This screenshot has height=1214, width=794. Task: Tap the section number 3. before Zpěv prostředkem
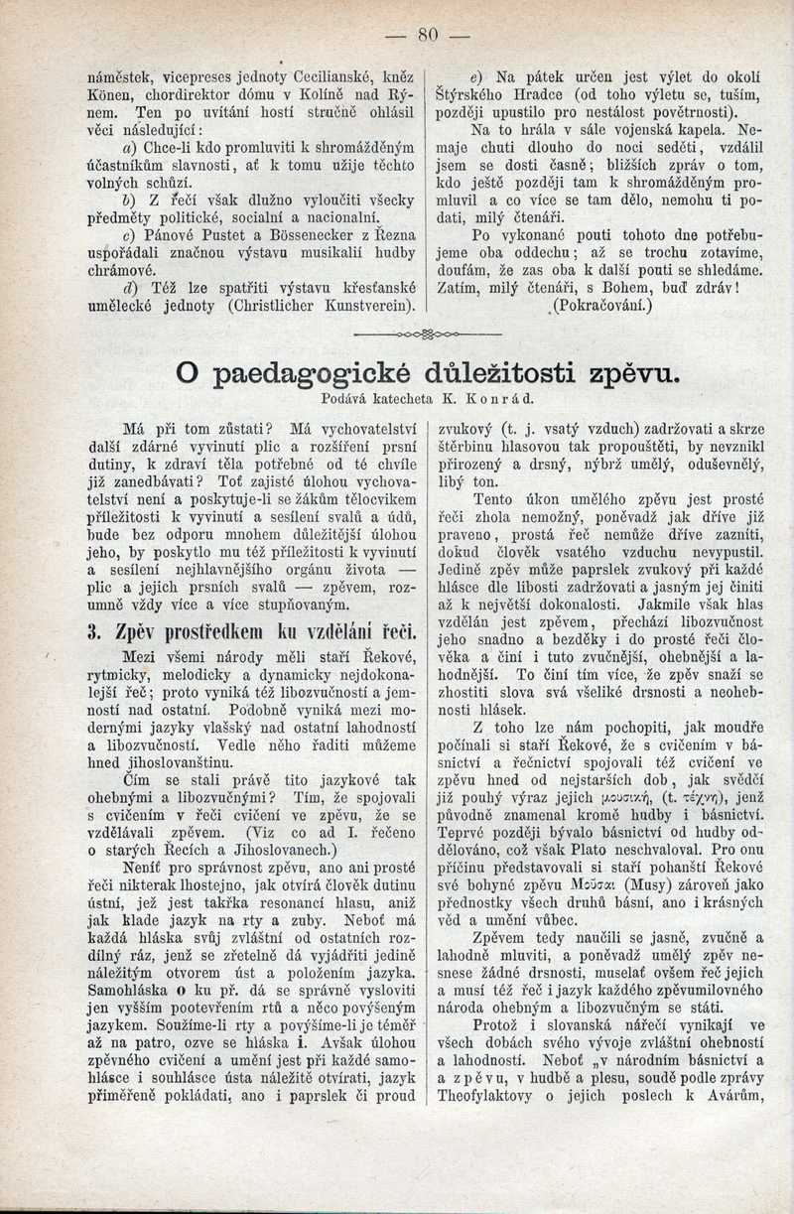(x=95, y=631)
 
